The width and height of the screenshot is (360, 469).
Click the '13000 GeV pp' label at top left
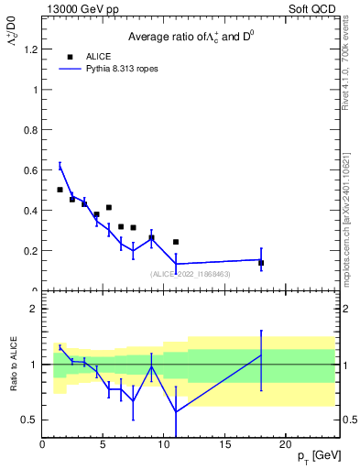pyautogui.click(x=80, y=7)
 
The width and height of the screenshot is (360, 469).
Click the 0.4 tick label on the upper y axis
pyautogui.click(x=30, y=211)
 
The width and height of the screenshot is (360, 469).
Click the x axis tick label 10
pyautogui.click(x=164, y=444)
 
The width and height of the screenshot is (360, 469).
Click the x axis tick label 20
pyautogui.click(x=286, y=444)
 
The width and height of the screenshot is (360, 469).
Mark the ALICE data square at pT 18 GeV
pyautogui.click(x=261, y=263)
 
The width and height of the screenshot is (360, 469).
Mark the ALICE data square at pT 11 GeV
pyautogui.click(x=176, y=242)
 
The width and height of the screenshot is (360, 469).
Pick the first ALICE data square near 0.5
pyautogui.click(x=60, y=190)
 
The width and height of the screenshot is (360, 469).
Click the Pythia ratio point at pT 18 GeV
pyautogui.click(x=261, y=355)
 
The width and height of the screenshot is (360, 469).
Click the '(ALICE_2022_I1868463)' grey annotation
pyautogui.click(x=191, y=274)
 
